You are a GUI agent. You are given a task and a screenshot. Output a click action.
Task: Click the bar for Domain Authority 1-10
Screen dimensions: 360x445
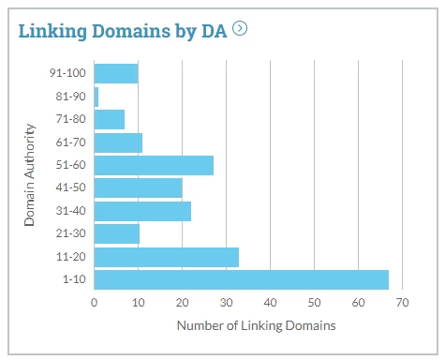[x=241, y=279]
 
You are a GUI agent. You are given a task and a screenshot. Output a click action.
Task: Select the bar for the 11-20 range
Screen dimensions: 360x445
[x=166, y=257]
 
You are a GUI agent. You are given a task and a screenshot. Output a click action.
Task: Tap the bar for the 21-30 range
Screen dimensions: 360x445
[x=116, y=234]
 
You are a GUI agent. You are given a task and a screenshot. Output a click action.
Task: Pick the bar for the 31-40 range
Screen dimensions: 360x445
[x=142, y=211]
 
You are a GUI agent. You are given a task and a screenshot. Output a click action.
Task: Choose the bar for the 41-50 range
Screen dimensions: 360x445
[x=138, y=188]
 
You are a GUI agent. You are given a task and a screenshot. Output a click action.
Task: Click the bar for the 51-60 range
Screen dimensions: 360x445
[x=154, y=166]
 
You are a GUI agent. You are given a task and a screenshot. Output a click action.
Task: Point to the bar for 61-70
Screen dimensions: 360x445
[x=118, y=142]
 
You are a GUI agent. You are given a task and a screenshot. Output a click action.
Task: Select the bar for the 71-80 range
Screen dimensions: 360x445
[x=110, y=120]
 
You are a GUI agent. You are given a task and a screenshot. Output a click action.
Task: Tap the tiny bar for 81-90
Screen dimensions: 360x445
[x=96, y=97]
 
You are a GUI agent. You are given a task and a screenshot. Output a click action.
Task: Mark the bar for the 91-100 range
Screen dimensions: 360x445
[x=116, y=73]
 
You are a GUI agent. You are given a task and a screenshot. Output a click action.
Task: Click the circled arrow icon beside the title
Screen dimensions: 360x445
[x=241, y=28]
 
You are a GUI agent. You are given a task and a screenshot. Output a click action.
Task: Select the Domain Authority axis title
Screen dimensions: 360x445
[x=30, y=172]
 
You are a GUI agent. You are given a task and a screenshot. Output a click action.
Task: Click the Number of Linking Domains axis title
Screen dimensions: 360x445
[x=256, y=325]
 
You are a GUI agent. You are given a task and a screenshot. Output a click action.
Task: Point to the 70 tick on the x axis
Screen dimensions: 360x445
[x=402, y=303]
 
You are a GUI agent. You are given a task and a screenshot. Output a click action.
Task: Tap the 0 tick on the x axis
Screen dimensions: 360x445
[x=95, y=303]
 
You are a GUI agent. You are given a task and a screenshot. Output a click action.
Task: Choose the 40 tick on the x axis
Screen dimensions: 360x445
[x=270, y=303]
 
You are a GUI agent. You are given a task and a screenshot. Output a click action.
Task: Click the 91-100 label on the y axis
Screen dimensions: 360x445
[x=68, y=73]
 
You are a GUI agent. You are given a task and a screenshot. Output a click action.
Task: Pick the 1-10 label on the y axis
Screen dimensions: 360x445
[x=74, y=279]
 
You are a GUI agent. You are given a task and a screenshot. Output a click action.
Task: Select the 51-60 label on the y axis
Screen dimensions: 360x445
[x=71, y=166]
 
